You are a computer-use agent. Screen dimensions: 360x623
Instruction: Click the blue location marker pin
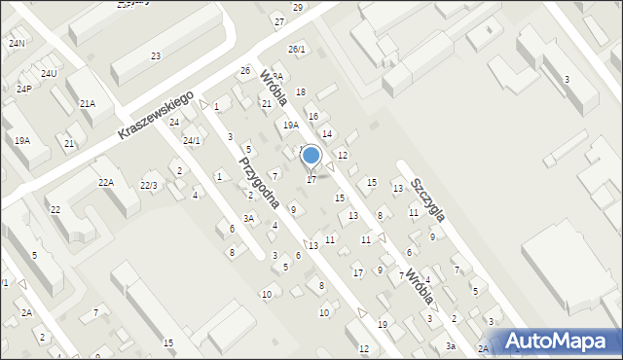click(311, 156)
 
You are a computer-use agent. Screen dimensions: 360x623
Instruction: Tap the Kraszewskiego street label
click(155, 115)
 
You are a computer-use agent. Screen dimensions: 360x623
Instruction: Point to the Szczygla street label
click(427, 198)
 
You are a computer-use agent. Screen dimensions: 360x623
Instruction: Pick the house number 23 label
click(156, 56)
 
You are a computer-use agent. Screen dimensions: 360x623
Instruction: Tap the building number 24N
click(17, 44)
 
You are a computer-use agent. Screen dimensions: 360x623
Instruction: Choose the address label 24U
click(49, 74)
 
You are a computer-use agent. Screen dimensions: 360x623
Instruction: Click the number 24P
click(24, 89)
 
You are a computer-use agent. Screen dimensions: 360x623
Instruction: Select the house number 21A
click(88, 103)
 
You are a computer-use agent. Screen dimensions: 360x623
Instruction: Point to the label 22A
click(105, 182)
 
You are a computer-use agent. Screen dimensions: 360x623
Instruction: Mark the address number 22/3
click(149, 185)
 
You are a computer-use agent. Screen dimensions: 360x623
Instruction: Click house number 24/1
click(192, 140)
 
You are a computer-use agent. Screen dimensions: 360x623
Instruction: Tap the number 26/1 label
click(297, 49)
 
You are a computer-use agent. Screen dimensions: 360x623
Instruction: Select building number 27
click(279, 21)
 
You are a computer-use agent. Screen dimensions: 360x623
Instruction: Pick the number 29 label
click(298, 7)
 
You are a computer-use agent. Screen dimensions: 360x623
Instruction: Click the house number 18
click(301, 91)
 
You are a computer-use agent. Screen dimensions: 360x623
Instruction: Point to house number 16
click(313, 116)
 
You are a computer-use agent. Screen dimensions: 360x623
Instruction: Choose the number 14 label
click(327, 133)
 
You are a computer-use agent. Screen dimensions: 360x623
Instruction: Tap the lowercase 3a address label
click(451, 346)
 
